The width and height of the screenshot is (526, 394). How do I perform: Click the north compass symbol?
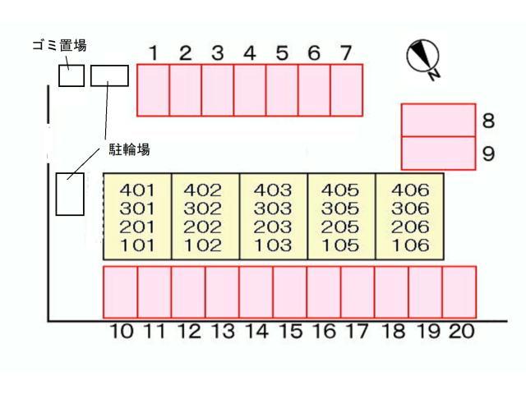click(425, 58)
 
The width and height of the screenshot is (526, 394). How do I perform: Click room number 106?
click(409, 245)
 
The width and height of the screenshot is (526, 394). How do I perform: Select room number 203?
click(273, 227)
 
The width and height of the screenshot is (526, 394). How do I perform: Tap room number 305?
click(341, 208)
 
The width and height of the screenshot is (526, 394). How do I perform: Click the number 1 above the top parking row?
click(153, 53)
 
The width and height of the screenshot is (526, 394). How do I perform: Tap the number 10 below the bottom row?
click(121, 332)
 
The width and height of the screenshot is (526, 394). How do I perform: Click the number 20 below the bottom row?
click(460, 332)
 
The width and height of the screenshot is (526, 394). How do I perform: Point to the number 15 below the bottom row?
click(291, 332)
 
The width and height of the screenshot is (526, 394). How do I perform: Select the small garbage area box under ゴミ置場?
click(72, 76)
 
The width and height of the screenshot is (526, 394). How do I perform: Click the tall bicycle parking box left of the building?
click(70, 195)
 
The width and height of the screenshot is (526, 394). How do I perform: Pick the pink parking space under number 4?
click(249, 90)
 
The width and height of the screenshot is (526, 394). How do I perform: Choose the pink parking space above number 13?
click(222, 292)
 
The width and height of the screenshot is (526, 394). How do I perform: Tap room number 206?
click(409, 227)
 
